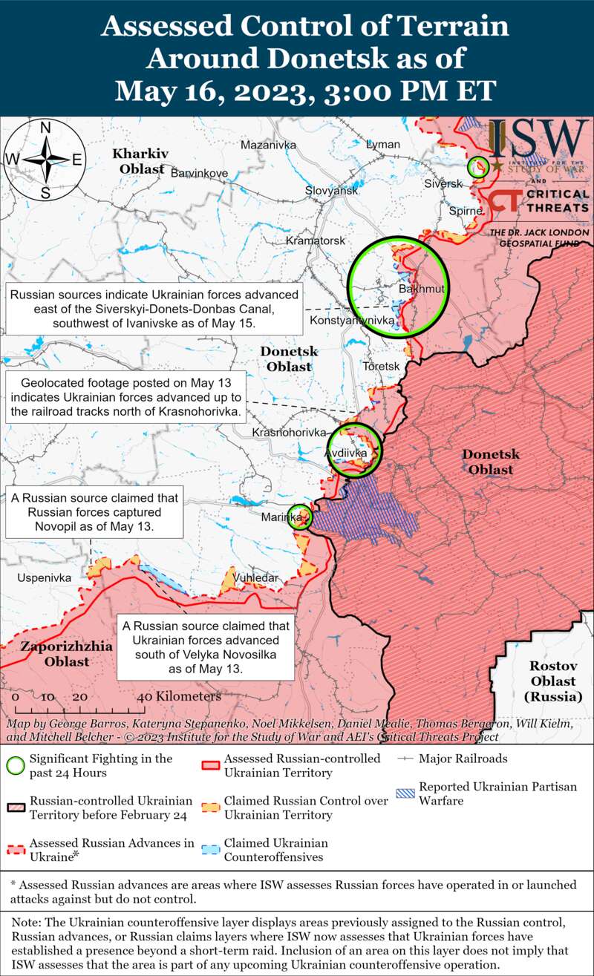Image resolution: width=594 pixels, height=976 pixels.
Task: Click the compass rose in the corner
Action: [45, 160]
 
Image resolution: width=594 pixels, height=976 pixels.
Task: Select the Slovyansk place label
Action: [332, 191]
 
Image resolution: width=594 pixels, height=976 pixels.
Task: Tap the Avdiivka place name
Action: [346, 452]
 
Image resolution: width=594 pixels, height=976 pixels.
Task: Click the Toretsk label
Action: [382, 367]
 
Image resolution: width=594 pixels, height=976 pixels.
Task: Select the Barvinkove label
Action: [199, 173]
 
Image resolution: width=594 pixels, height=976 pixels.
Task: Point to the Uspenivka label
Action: [45, 577]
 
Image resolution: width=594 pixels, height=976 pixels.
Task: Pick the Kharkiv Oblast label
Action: [139, 161]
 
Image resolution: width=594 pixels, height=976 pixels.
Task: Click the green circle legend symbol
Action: [15, 765]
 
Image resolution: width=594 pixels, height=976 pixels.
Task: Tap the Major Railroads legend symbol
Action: [405, 759]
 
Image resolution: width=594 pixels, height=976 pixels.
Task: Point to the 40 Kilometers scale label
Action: [179, 697]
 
